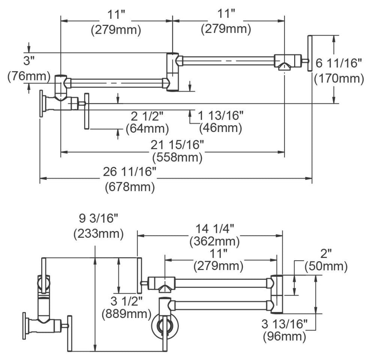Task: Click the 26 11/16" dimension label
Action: click(130, 172)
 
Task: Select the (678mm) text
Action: click(130, 187)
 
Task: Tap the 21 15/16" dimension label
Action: click(177, 145)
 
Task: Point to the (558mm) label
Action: click(178, 157)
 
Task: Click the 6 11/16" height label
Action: click(339, 63)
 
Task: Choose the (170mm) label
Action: click(339, 78)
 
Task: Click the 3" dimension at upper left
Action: click(29, 61)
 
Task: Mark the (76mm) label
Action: click(29, 76)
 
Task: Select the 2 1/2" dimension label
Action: click(147, 116)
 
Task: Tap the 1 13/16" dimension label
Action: click(220, 115)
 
